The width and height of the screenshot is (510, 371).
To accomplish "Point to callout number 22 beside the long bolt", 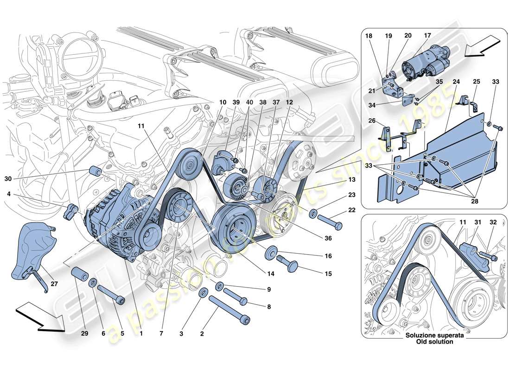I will pyautogui.click(x=352, y=210).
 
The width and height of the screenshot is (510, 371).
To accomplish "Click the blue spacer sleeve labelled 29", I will pyautogui.click(x=80, y=274).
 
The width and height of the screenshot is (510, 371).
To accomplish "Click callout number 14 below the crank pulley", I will pyautogui.click(x=271, y=274).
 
